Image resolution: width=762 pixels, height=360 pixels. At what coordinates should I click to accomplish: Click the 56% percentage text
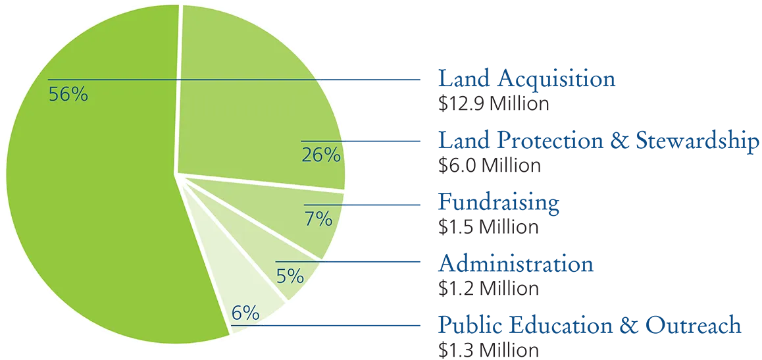pos(68,95)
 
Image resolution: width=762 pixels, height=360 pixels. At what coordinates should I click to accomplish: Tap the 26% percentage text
pos(321,155)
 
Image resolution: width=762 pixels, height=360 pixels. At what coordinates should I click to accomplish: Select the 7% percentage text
pos(318,219)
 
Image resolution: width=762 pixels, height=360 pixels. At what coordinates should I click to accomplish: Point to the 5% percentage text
pos(290,276)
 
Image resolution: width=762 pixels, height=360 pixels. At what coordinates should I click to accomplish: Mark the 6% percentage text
pos(245,313)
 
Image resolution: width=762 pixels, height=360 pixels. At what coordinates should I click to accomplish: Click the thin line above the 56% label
pos(184,80)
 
